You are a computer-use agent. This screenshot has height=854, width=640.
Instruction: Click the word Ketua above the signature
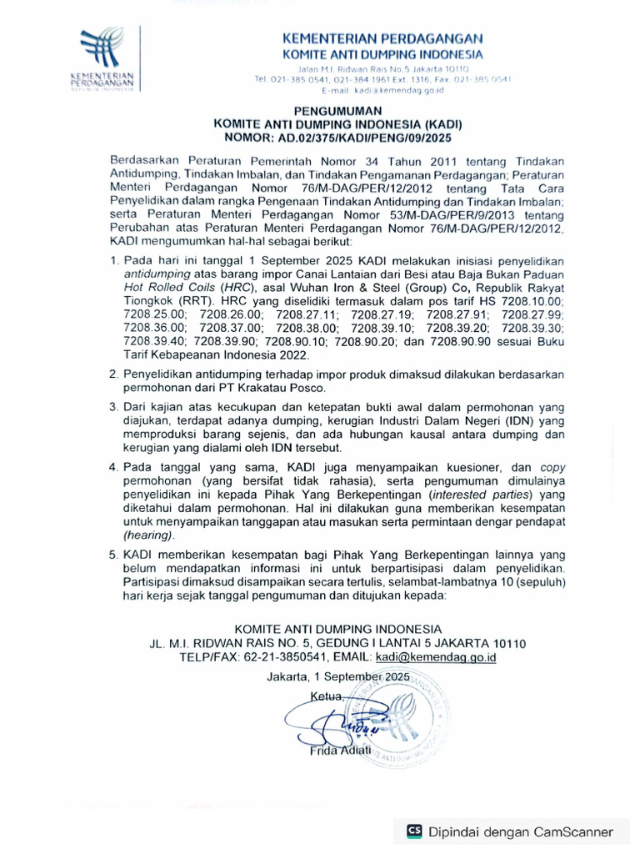tap(326, 696)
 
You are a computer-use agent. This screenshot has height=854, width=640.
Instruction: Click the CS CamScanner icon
tap(413, 831)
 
